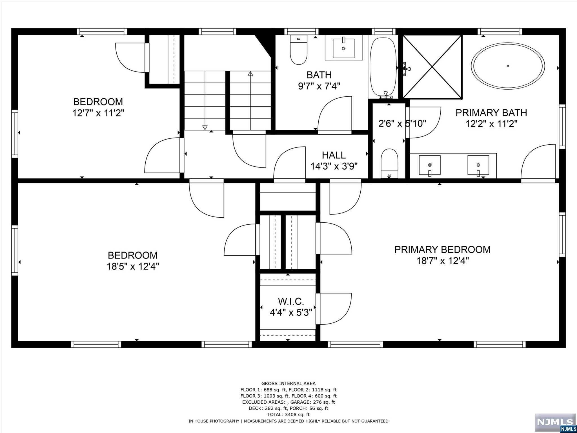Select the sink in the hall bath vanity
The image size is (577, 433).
343,48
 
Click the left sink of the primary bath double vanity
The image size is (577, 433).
430,165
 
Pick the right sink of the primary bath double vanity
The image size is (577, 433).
478,165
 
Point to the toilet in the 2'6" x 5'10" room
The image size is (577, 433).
389,164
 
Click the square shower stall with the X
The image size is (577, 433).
432,67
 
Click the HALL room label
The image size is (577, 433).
334,155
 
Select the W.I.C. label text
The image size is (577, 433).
291,301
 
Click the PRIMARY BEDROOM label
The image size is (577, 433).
442,249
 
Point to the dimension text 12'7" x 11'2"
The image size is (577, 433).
98,113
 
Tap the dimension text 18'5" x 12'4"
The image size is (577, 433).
133,266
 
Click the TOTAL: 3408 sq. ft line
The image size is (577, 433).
288,414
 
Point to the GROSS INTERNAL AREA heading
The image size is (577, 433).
288,383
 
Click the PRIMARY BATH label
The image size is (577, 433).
491,113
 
